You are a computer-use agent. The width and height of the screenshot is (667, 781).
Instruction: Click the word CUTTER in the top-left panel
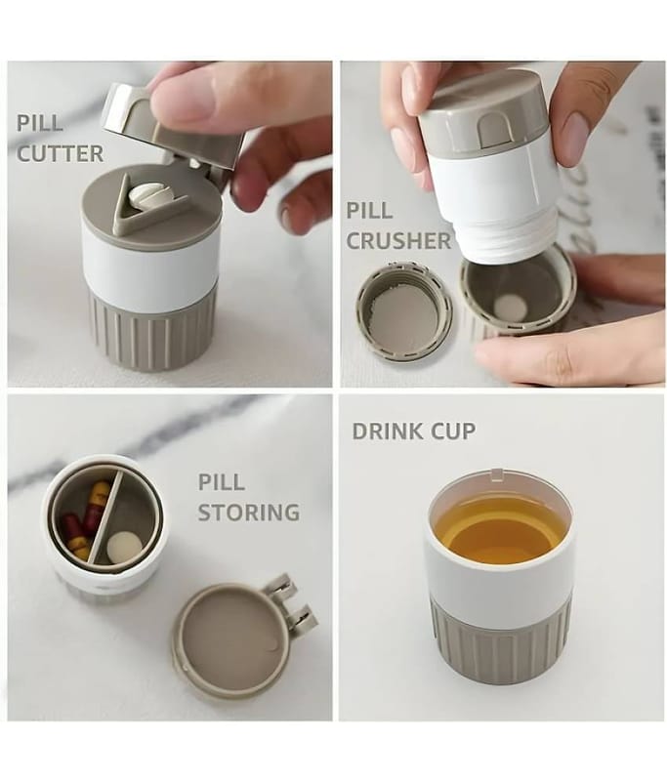coord(61,153)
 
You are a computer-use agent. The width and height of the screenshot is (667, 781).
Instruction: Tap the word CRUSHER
coord(398,240)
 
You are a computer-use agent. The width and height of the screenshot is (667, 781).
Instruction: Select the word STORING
coord(249,513)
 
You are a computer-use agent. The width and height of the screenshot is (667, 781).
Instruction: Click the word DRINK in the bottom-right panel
coord(387,431)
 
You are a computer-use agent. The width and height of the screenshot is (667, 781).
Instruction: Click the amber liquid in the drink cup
coord(500,532)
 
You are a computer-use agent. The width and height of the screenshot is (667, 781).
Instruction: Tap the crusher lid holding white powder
coord(404,308)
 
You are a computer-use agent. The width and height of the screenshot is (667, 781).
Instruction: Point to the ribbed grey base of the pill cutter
coord(153,331)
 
